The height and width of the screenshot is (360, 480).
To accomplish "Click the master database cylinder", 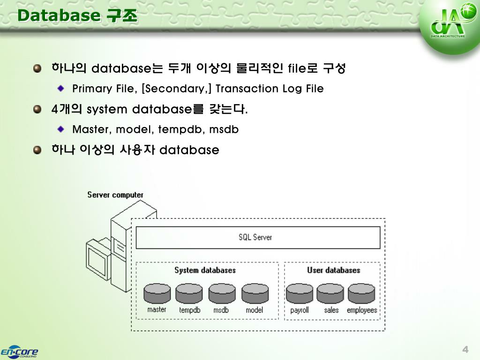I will click(157, 293).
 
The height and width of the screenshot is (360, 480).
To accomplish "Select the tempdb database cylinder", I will click(189, 293).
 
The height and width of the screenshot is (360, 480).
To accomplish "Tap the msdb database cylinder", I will click(222, 293).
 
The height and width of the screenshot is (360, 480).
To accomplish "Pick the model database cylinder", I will click(255, 293).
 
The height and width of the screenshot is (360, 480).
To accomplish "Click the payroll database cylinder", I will click(300, 293).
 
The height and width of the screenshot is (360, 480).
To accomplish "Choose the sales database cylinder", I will click(330, 293).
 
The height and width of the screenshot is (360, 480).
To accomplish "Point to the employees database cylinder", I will click(361, 293).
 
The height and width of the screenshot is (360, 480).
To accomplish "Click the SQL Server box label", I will click(255, 237).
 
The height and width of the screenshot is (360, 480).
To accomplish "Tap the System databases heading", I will click(205, 270).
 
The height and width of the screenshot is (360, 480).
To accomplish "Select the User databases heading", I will click(333, 270).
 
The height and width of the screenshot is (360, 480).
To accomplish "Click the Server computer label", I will click(115, 195).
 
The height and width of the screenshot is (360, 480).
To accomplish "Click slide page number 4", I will click(465, 350).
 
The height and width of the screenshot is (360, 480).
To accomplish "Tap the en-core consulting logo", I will click(19, 352).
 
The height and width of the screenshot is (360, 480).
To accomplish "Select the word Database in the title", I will click(59, 16).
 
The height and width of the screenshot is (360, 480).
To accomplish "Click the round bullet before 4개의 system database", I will click(38, 109).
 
